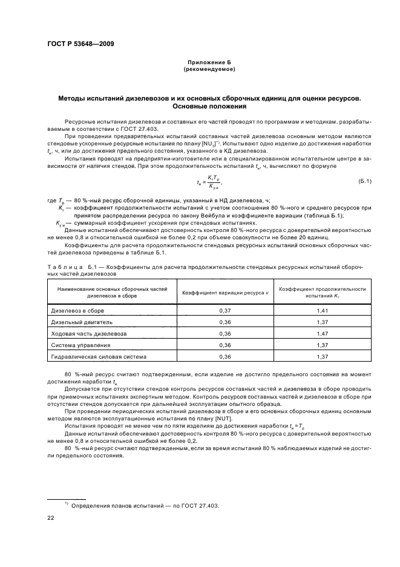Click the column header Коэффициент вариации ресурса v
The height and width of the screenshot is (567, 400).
pos(225,293)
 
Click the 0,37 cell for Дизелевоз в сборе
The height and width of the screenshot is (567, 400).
pos(225,310)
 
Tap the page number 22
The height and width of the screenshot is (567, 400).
pos(51,518)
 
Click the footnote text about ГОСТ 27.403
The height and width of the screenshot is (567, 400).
pos(145,506)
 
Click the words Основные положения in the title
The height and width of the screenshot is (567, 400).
pos(209,105)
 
